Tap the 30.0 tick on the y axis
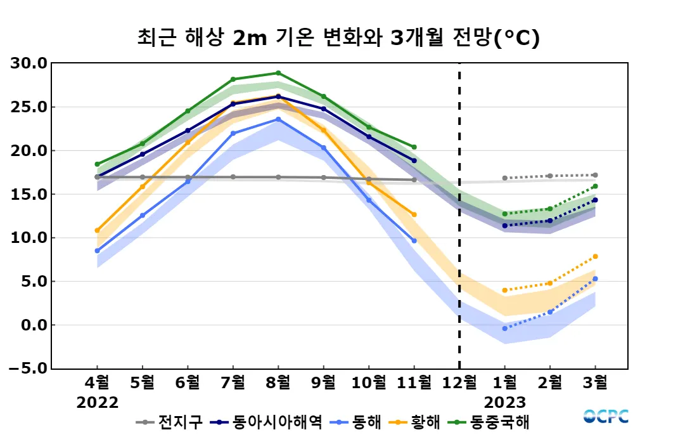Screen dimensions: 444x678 tap(29, 63)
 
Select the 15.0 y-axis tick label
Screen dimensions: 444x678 tap(29, 194)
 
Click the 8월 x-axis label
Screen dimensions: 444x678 tap(278, 383)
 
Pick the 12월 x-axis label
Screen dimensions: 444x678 tap(459, 383)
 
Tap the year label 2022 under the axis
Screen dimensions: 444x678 tap(97, 403)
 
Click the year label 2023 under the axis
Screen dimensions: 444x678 tap(504, 403)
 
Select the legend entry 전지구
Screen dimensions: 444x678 tap(174, 422)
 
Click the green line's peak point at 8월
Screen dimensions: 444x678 tap(278, 73)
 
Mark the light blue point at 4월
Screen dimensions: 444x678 tap(97, 251)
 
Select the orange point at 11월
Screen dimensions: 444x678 tap(414, 214)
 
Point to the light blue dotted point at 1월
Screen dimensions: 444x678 tap(504, 329)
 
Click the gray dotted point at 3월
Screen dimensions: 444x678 tap(595, 175)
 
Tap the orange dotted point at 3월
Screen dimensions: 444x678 tap(595, 256)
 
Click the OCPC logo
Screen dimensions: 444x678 tap(606, 416)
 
